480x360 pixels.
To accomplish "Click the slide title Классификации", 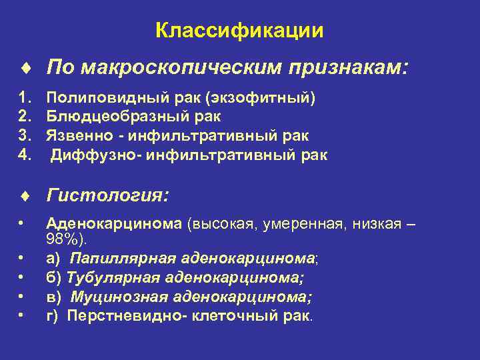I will coord(239,31).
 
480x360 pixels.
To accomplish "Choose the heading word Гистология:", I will coord(107,196).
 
